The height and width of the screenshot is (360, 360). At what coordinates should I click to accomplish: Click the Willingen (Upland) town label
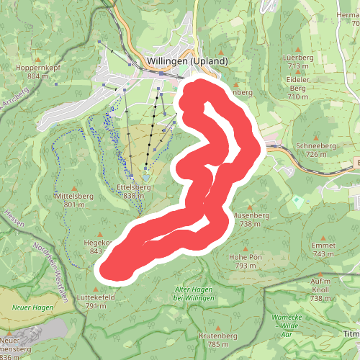coord(186,60)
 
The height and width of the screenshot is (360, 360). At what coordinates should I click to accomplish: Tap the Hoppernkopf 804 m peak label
coord(42,71)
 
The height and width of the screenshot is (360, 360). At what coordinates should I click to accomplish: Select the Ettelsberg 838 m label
coord(133,191)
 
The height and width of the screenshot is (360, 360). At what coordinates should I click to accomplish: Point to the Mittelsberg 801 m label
coord(74,199)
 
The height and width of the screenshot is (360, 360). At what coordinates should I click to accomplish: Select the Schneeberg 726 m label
coord(321,149)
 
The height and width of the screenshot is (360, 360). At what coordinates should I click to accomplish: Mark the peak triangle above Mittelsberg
coord(74,186)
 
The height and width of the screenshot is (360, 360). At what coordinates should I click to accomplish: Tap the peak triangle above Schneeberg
coord(321,136)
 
